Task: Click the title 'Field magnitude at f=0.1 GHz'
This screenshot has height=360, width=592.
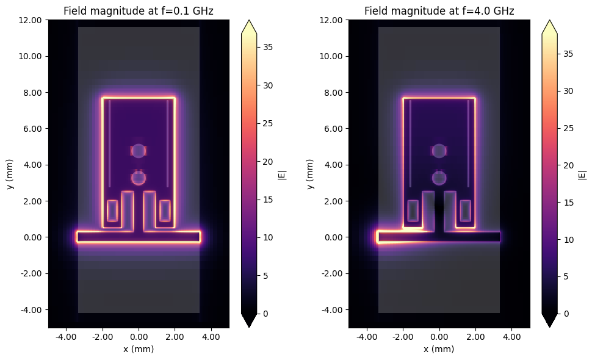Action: (139, 10)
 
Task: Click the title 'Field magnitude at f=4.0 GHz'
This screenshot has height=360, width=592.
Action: (439, 10)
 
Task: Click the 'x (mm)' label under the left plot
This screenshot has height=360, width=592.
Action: (139, 349)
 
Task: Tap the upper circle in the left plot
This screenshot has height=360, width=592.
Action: (139, 151)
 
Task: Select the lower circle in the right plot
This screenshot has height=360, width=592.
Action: (439, 178)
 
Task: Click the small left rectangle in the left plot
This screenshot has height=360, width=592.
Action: (112, 211)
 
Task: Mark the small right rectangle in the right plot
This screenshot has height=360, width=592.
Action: (465, 211)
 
